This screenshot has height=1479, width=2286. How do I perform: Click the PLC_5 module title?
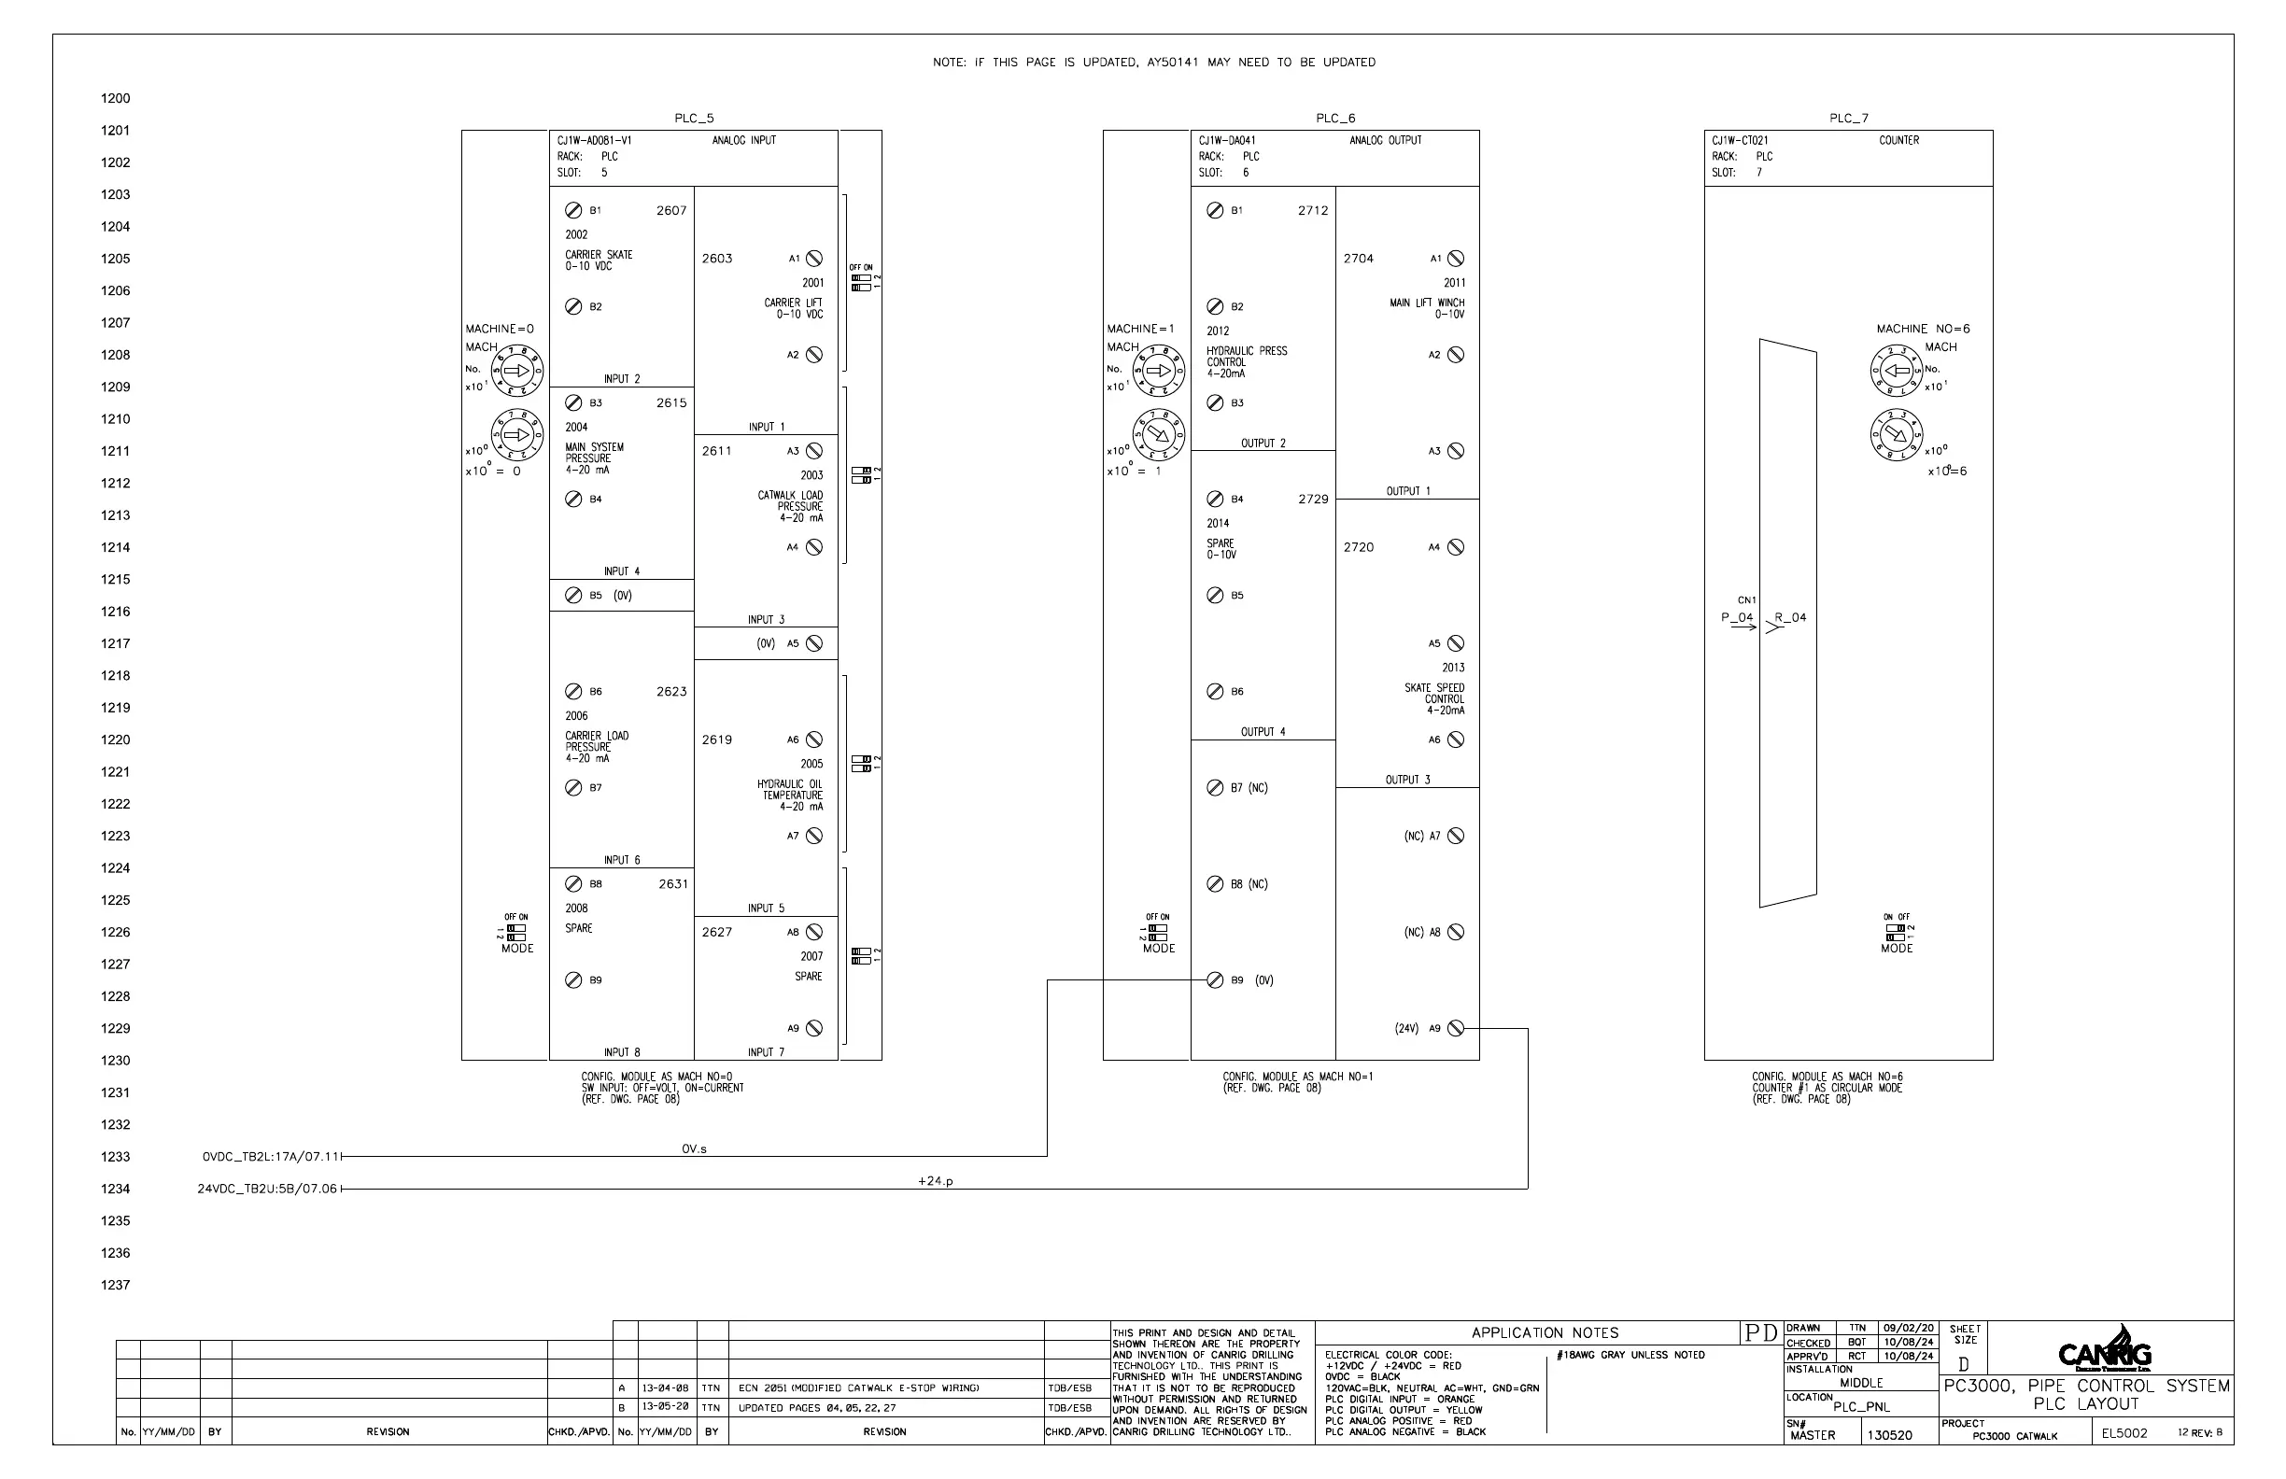694,120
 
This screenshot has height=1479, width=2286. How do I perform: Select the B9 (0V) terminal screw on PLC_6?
1215,979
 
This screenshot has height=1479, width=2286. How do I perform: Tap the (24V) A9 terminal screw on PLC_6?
1455,1028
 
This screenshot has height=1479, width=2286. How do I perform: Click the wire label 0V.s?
694,1148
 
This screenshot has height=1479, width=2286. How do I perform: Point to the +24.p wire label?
935,1181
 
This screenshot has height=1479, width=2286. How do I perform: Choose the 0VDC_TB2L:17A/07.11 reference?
271,1156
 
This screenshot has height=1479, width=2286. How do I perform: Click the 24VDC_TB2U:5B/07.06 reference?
267,1189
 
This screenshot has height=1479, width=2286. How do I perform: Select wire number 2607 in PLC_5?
671,210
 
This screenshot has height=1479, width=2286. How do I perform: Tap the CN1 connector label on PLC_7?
1746,600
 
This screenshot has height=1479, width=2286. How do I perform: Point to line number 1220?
115,739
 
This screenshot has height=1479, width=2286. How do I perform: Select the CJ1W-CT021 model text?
1740,140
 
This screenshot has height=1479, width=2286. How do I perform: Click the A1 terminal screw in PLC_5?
813,259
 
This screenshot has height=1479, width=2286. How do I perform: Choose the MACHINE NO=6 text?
1922,329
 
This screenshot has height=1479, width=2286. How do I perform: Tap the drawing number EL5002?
2124,1434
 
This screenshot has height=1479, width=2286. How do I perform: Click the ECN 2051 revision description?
859,1387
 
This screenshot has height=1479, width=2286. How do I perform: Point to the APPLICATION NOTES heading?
1545,1333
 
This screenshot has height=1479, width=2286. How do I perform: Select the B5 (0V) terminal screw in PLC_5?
573,596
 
